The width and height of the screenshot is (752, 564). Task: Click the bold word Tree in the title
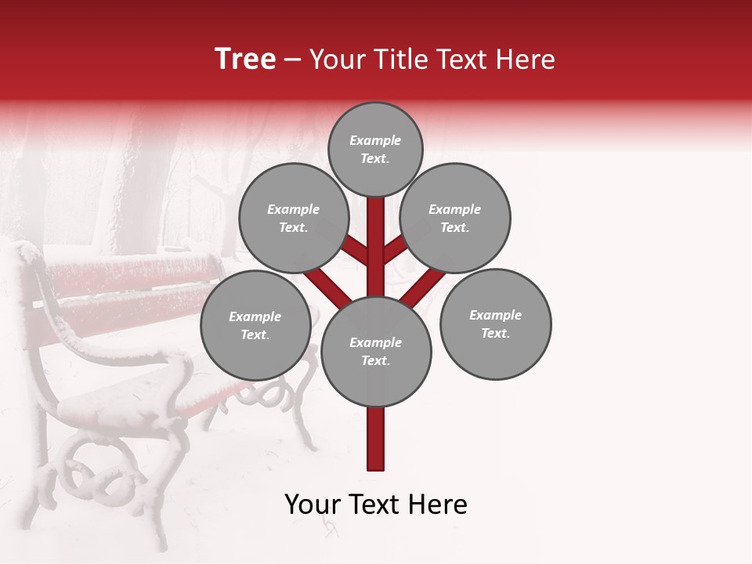(245, 59)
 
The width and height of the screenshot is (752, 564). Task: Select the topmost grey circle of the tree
(375, 149)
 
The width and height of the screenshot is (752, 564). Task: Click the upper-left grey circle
(294, 218)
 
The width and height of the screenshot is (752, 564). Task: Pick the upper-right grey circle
(455, 218)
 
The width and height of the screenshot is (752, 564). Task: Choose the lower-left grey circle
(255, 325)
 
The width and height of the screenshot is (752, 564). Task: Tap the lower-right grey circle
(495, 324)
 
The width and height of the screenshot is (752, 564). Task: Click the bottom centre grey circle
(376, 351)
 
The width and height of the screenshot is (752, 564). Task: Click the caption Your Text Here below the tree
(376, 504)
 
